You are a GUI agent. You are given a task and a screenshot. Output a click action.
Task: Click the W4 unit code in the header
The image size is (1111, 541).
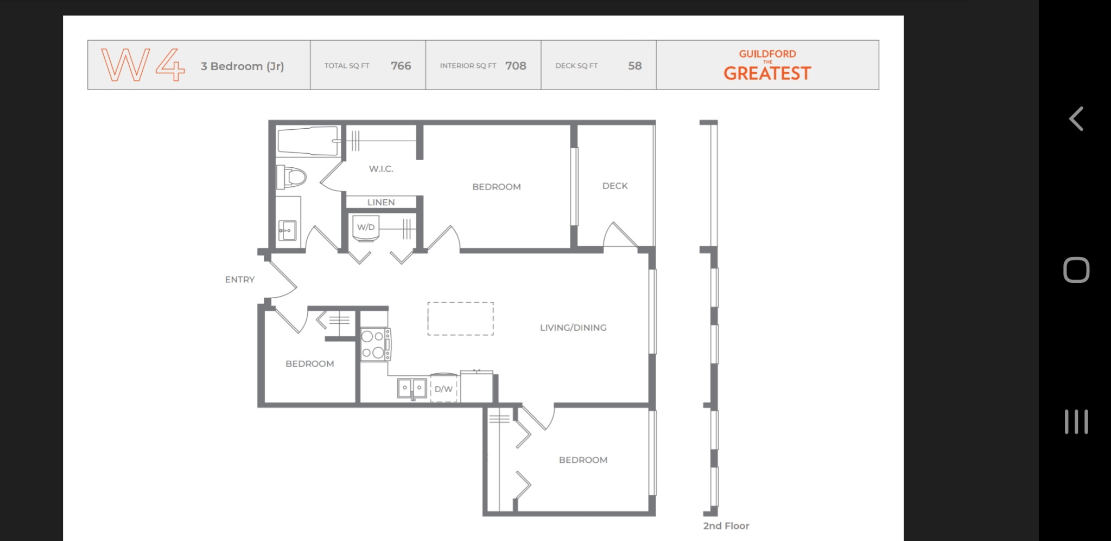[143, 65]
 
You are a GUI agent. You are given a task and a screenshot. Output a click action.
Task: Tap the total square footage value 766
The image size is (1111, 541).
[401, 66]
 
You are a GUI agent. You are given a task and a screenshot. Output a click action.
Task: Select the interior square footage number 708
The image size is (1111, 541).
[516, 66]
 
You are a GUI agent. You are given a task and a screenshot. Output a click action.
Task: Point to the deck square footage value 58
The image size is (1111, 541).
[635, 66]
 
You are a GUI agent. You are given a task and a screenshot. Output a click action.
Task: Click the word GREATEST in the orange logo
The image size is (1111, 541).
[767, 73]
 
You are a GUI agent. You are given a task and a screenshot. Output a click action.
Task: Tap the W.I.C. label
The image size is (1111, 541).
[381, 169]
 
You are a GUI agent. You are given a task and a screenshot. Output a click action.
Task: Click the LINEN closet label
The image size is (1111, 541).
[381, 202]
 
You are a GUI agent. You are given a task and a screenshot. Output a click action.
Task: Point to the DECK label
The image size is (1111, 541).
[615, 186]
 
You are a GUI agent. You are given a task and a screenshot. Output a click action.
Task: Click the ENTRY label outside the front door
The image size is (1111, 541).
[240, 279]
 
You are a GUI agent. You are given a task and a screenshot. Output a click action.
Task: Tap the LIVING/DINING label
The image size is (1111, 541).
[573, 328]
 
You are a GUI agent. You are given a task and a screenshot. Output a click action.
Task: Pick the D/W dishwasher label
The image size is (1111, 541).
[443, 389]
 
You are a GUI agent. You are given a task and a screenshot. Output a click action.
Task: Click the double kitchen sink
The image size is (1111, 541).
[412, 388]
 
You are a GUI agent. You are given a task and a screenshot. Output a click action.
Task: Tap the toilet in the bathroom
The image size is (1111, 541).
[291, 177]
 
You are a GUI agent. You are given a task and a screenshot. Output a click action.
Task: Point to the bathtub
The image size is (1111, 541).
[308, 141]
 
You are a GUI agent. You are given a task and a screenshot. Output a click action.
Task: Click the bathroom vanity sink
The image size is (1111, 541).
[287, 230]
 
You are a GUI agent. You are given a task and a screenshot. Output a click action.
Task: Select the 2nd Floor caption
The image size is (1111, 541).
[726, 526]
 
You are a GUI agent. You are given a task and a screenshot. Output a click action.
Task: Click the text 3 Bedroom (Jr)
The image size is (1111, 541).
[242, 66]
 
